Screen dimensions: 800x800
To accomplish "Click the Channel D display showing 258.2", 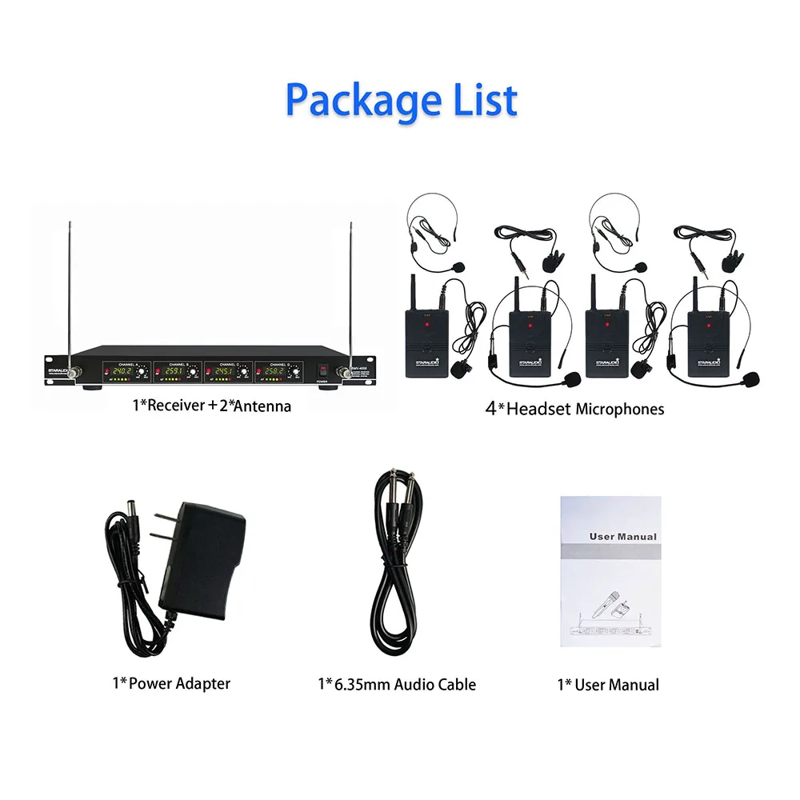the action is (x=273, y=372).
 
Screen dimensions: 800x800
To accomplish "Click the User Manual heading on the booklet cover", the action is (x=622, y=537).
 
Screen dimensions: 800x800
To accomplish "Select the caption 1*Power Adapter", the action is (x=170, y=683).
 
